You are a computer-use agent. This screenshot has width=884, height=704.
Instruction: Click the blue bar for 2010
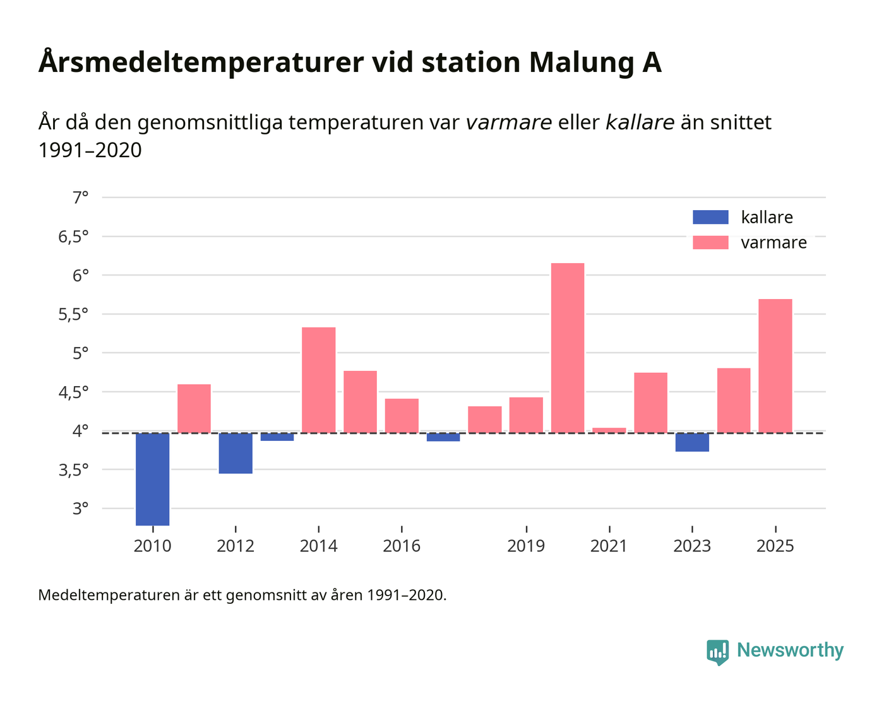click(x=152, y=479)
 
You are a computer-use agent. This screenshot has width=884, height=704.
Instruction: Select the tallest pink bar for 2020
click(x=568, y=348)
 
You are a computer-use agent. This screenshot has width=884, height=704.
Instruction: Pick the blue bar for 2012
click(x=236, y=453)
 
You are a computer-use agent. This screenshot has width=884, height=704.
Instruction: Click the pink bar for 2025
click(x=775, y=366)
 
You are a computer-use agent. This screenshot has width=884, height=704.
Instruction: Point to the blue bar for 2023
click(x=692, y=442)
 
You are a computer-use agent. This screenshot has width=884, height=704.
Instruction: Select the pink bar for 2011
click(x=194, y=408)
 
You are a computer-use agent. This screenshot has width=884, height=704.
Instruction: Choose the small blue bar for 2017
click(x=443, y=437)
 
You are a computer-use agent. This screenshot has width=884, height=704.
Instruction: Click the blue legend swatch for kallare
click(x=710, y=217)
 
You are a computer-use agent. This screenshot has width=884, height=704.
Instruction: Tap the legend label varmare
click(x=773, y=243)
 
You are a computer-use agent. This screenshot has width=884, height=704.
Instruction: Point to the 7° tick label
click(x=80, y=198)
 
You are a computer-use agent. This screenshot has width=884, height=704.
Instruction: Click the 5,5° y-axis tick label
click(x=73, y=315)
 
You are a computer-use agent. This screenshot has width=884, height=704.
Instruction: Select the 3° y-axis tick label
click(x=80, y=509)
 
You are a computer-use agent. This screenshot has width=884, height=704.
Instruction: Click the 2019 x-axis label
click(x=526, y=546)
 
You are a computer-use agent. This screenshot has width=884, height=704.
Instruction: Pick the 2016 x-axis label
click(x=402, y=546)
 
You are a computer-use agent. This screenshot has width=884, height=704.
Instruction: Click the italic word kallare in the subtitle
click(x=640, y=122)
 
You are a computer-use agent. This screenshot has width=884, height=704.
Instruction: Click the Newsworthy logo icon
click(x=717, y=652)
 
